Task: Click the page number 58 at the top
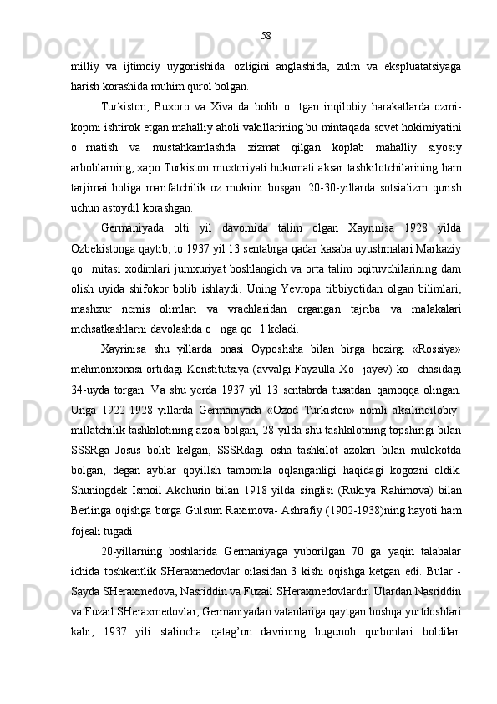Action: [x=266, y=35]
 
